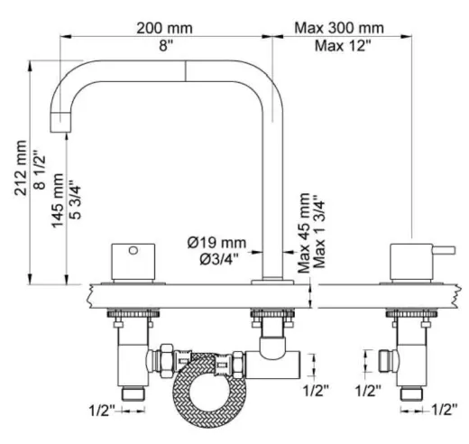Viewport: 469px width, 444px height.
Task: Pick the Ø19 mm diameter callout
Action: [x=216, y=242]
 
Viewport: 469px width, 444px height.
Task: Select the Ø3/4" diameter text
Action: [x=216, y=261]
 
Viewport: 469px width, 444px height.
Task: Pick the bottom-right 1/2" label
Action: [x=441, y=412]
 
